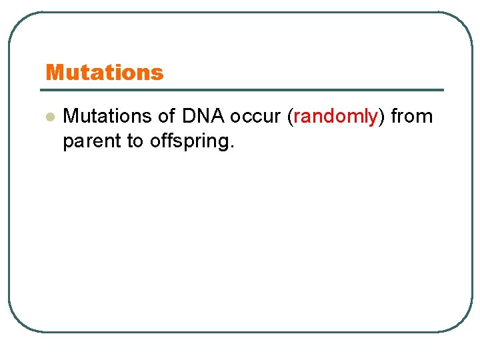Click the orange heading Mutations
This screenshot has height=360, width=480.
click(104, 72)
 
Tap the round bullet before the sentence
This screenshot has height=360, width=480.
click(49, 117)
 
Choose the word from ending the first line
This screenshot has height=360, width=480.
click(411, 117)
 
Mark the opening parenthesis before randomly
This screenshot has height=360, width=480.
click(290, 117)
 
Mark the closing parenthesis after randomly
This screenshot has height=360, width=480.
click(381, 117)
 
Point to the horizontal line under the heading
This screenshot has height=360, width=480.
click(244, 90)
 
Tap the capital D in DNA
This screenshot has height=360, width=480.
click(189, 117)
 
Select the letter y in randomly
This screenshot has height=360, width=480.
click(373, 119)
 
